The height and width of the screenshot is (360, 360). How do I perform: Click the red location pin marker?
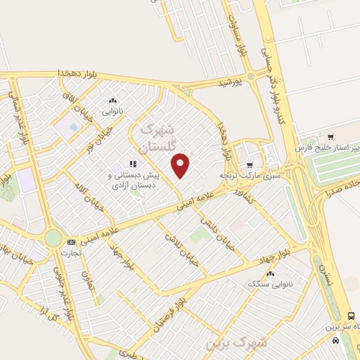click(181, 166)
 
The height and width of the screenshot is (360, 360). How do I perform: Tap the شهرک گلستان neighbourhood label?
click(156, 138)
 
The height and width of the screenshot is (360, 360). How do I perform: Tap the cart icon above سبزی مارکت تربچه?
click(249, 165)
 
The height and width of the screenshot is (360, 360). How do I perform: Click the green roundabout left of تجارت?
click(53, 238)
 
